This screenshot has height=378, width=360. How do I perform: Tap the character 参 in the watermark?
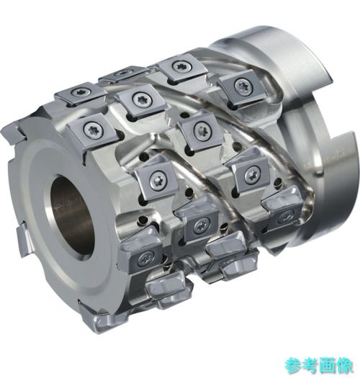294,365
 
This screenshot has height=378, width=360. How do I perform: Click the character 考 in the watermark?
312,365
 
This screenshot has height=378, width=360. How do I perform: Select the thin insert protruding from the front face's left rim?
23,238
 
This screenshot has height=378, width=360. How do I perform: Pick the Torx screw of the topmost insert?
181,65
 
